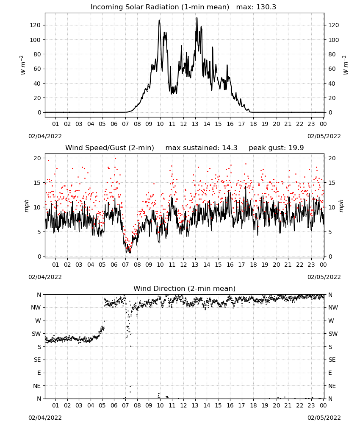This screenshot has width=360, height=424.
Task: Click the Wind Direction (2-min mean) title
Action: (185, 288)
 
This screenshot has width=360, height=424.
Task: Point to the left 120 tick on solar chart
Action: (36, 25)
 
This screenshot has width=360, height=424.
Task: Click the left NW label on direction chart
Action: (36, 308)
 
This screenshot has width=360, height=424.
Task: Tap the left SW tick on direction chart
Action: (36, 334)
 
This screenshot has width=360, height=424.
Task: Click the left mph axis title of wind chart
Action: (26, 206)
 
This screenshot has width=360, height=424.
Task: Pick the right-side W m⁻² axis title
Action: (346, 65)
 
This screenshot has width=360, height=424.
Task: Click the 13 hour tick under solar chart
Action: (195, 124)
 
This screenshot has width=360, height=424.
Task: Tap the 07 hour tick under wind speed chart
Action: (125, 265)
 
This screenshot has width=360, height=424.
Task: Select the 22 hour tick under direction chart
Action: (299, 406)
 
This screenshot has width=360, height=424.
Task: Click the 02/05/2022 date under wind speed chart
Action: (324, 277)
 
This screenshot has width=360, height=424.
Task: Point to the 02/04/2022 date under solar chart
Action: (45, 137)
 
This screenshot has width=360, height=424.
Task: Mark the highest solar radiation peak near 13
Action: (197, 17)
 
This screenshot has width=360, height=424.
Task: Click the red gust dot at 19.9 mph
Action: (115, 159)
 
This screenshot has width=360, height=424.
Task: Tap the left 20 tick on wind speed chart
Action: (37, 159)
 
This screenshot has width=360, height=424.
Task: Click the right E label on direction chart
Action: (330, 373)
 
